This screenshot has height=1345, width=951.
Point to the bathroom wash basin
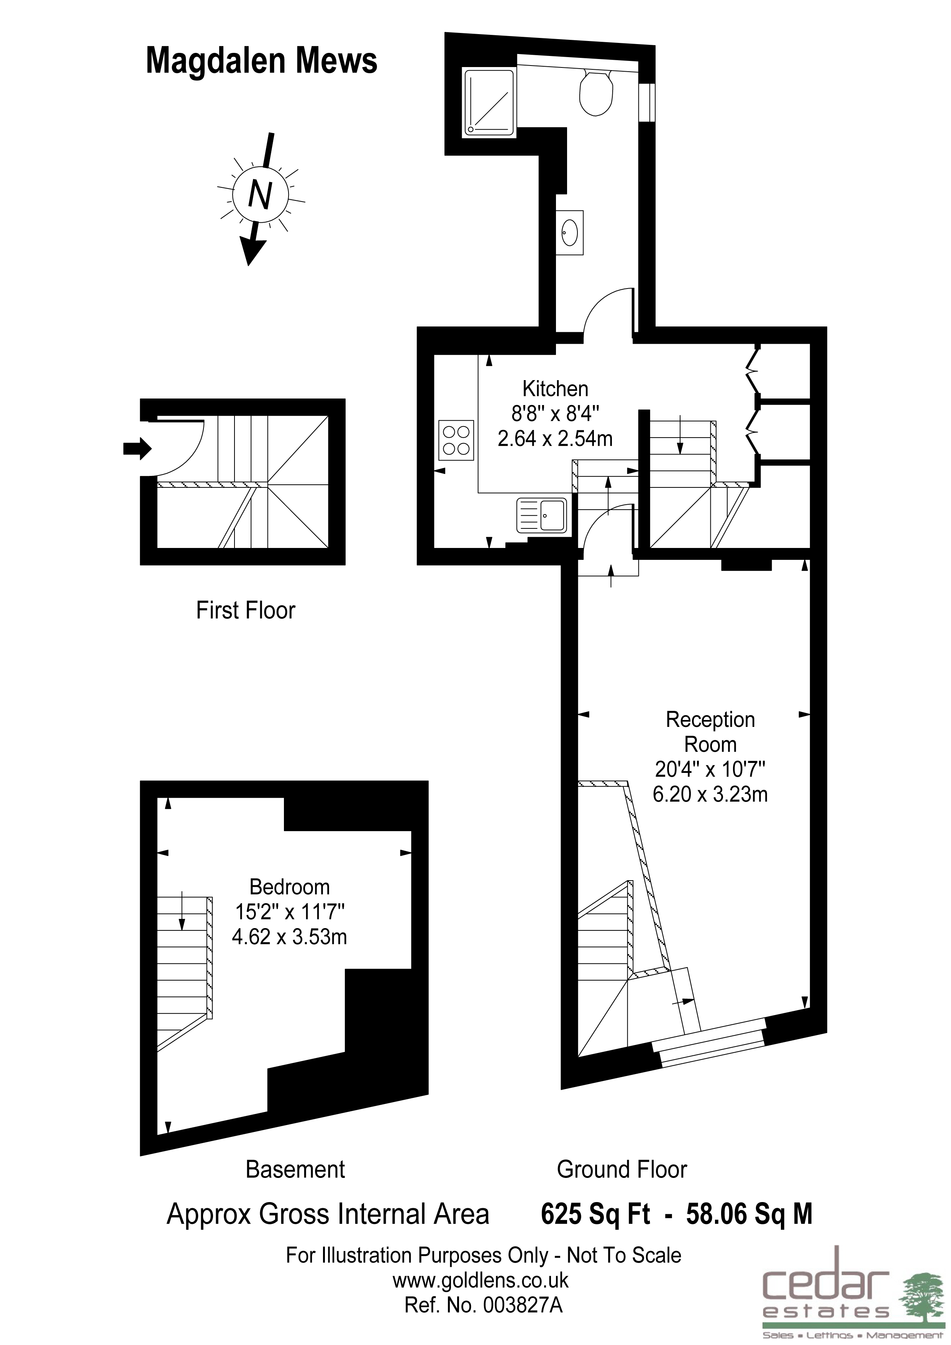570,232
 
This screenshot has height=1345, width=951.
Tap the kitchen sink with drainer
542,515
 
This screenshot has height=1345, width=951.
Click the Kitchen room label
555,389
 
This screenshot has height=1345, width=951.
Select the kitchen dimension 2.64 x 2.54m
555,438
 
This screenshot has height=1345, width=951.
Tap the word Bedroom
289,887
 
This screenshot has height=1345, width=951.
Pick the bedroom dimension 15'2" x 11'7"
289,912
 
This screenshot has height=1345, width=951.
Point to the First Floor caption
245,610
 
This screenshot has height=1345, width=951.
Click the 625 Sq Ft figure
595,1214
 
